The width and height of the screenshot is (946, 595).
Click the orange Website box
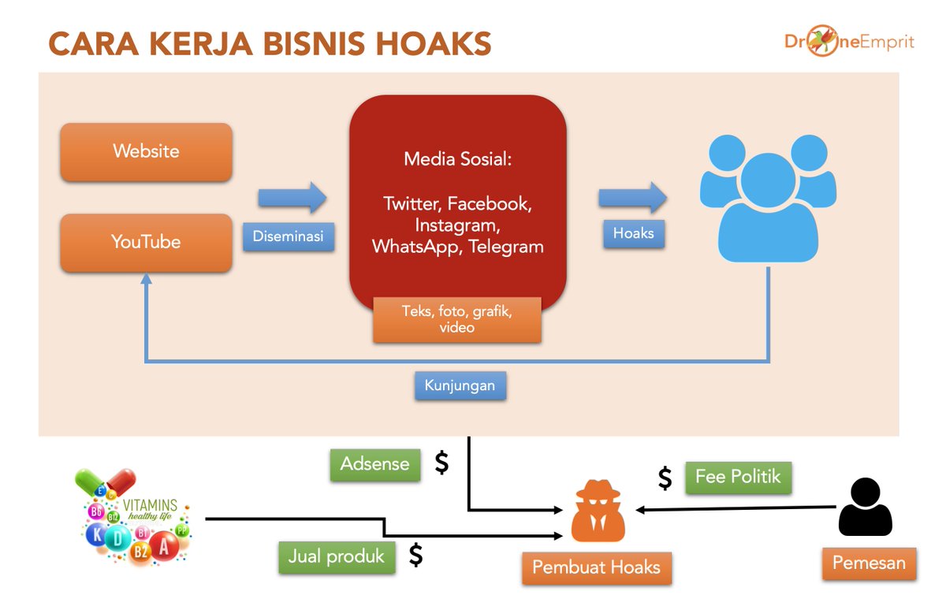pyautogui.click(x=146, y=151)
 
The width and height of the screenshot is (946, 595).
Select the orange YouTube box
pyautogui.click(x=146, y=242)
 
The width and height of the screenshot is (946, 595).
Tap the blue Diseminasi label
pyautogui.click(x=288, y=236)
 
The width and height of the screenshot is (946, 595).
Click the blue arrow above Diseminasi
pyautogui.click(x=292, y=197)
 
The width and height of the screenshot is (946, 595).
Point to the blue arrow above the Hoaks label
pyautogui.click(x=633, y=197)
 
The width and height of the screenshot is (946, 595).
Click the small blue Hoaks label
pyautogui.click(x=634, y=233)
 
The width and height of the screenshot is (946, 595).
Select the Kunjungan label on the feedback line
pyautogui.click(x=460, y=385)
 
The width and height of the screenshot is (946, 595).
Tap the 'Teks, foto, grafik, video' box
pyautogui.click(x=457, y=319)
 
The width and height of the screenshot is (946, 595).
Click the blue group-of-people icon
pyautogui.click(x=768, y=197)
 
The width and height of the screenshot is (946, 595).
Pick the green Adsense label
pyautogui.click(x=374, y=464)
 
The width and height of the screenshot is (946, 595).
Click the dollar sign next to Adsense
pyautogui.click(x=442, y=463)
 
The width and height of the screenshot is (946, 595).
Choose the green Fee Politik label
pyautogui.click(x=738, y=477)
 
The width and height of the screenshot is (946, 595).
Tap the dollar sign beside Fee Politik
pyautogui.click(x=665, y=478)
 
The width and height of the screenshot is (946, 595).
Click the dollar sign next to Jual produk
pyautogui.click(x=415, y=556)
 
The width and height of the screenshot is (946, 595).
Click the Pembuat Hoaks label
pyautogui.click(x=596, y=567)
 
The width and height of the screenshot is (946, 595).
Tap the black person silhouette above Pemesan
pyautogui.click(x=865, y=508)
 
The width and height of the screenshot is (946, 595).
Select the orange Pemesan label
pyautogui.click(x=870, y=563)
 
